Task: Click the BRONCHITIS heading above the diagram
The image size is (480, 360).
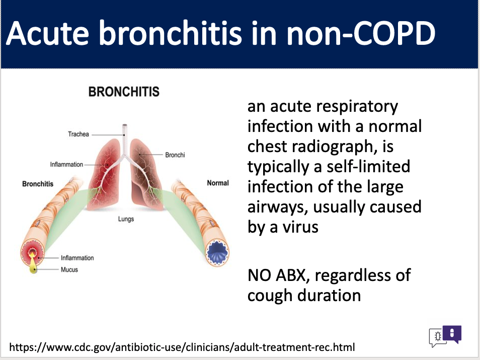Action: (124, 92)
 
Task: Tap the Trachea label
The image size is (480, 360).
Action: (78, 134)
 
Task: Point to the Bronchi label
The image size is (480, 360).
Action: (175, 155)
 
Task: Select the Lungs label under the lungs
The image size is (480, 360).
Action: (126, 219)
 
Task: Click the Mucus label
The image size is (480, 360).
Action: (69, 269)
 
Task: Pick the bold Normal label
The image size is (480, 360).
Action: (218, 183)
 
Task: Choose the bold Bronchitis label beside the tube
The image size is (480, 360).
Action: (38, 184)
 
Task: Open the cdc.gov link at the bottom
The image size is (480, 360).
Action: (182, 347)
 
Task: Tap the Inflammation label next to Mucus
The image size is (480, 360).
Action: (77, 258)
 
